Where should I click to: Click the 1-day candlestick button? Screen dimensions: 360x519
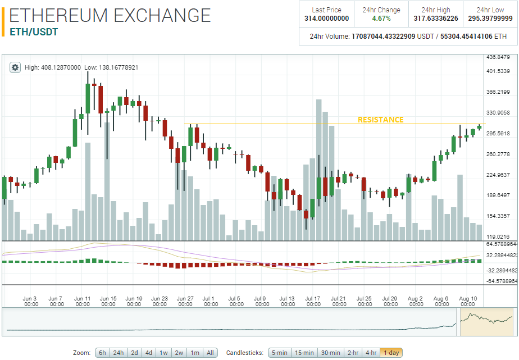pos(391,353)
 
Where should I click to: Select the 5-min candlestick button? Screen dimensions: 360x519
pos(279,353)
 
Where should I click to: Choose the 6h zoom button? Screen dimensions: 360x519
pos(102,353)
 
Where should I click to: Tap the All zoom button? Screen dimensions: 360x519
pos(210,353)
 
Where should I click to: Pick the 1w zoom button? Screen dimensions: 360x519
pos(164,353)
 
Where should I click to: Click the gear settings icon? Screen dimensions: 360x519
pos(15,67)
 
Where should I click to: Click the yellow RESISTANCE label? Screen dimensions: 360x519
pos(380,120)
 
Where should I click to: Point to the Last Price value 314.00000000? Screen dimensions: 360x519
pos(326,19)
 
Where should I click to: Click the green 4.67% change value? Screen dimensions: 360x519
pos(381,19)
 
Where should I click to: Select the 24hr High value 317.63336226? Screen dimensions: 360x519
pos(436,19)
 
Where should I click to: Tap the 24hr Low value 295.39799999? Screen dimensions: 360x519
pos(490,19)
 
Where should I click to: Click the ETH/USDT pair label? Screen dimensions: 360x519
pos(34,32)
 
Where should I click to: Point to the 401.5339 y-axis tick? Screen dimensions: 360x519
pos(498,71)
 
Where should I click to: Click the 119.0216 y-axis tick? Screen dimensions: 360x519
pos(498,236)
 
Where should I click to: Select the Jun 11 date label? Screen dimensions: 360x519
pos(83,301)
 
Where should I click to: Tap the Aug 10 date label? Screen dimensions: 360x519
pos(468,301)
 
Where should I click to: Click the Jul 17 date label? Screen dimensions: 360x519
pos(313,301)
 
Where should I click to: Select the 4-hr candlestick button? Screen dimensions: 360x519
pos(370,353)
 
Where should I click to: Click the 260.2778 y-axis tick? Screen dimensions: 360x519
pos(498,154)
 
